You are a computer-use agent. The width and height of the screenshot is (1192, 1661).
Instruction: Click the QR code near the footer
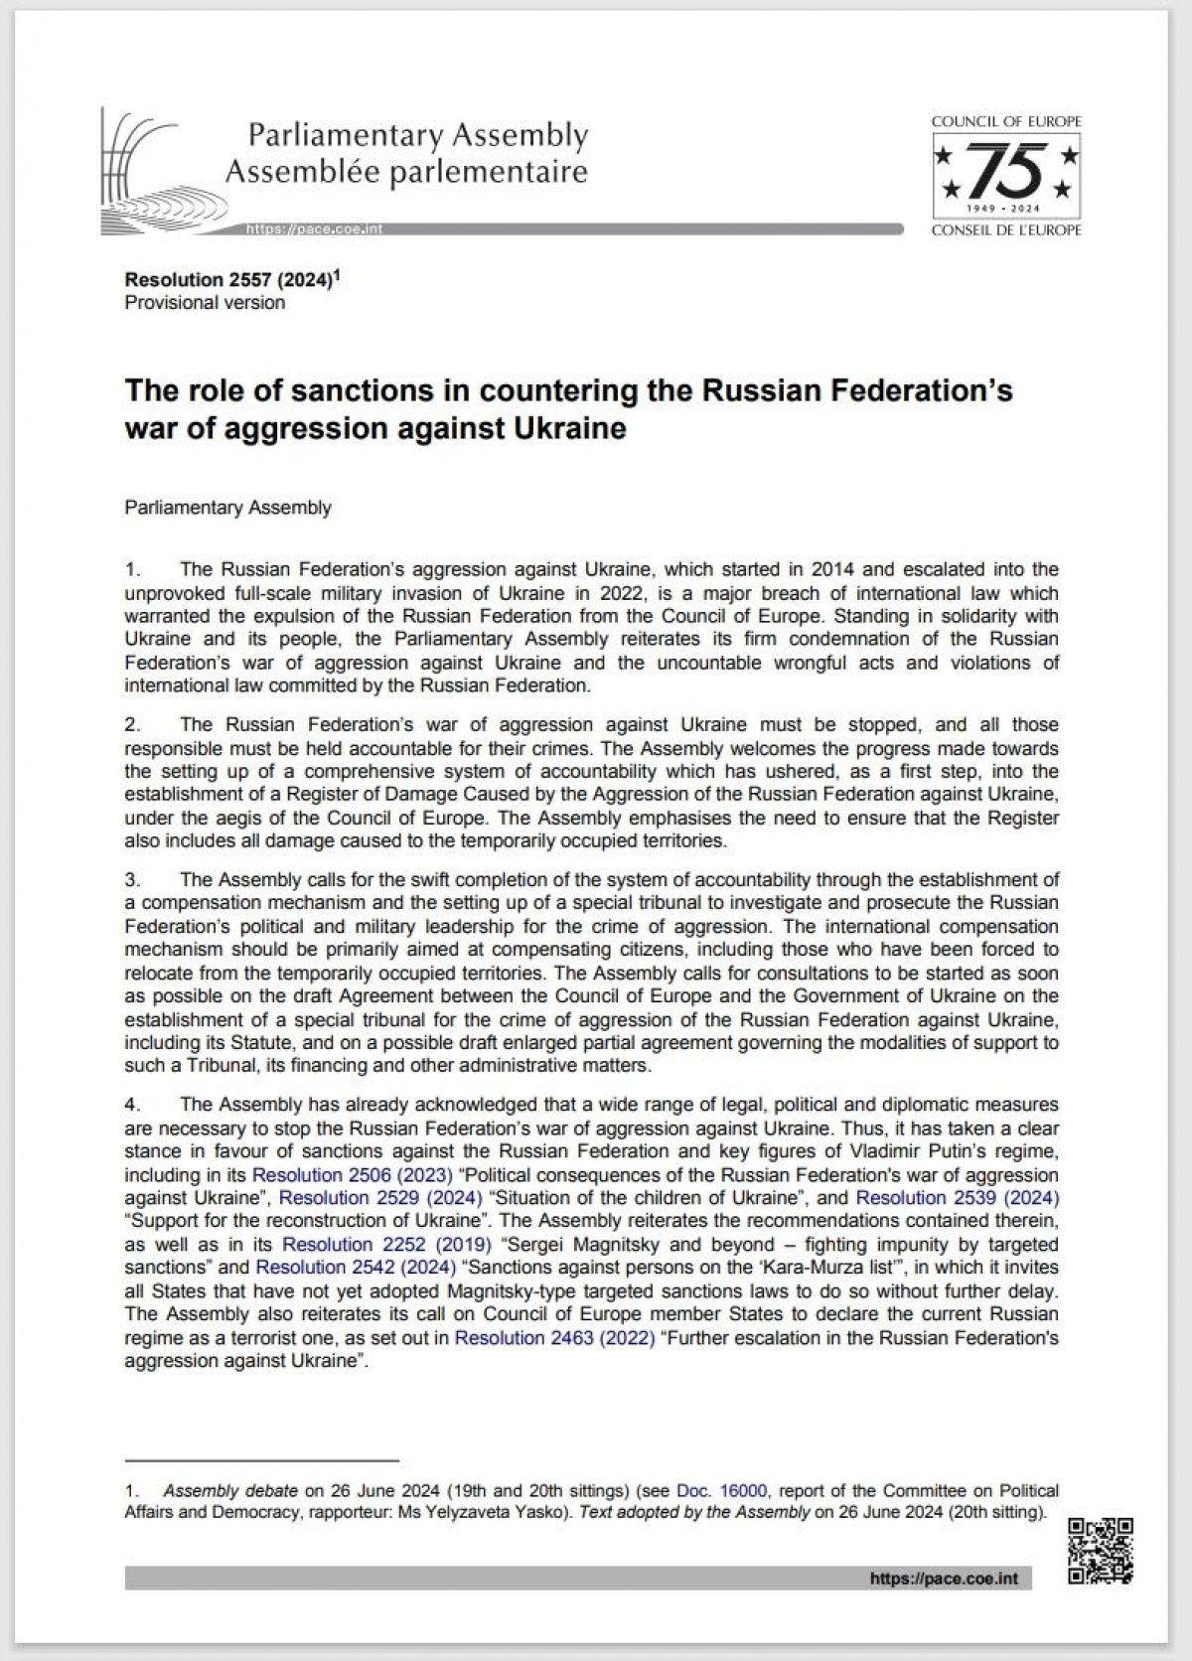point(1100,1551)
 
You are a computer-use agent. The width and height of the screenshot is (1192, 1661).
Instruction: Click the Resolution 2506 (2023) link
point(353,1174)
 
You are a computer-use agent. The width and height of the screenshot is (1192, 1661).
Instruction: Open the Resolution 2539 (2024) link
point(957,1197)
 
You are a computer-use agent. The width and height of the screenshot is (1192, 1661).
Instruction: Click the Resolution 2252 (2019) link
point(386,1244)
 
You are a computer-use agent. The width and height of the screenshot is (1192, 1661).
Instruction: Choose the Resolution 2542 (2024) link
point(356,1267)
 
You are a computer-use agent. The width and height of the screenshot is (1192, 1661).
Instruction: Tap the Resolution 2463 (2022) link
point(554,1337)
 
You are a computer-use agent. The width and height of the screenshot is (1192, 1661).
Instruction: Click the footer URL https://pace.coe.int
point(943,1579)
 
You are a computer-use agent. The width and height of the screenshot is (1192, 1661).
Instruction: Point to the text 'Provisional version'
point(205,303)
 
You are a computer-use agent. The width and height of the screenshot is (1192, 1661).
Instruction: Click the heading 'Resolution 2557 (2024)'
point(227,280)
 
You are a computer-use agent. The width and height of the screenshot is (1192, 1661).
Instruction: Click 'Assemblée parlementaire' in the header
point(406,172)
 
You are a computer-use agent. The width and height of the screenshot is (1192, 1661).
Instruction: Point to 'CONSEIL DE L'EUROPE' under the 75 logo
point(1006,230)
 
